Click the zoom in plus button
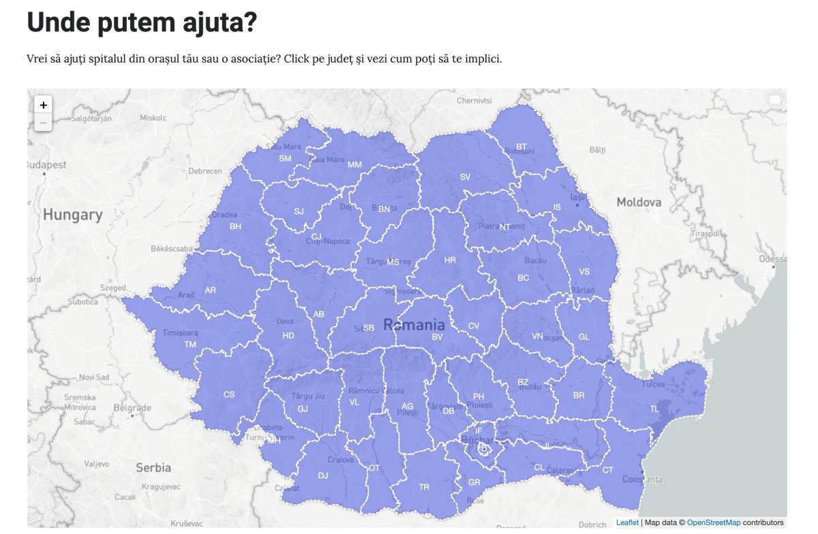pos(43,105)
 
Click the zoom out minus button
pos(43,123)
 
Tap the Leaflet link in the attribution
pos(627,522)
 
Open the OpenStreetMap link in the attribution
pos(713,522)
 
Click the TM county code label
pos(190,344)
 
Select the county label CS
pos(229,394)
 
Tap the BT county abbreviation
pos(521,146)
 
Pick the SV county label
pos(465,177)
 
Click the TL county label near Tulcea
pos(654,409)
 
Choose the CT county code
pos(608,470)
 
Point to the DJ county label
pos(323,475)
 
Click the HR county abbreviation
pos(450,260)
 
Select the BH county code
pos(235,226)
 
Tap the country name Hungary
pos(72,215)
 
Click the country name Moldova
pos(639,202)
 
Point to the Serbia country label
pos(153,468)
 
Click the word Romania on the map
pos(414,325)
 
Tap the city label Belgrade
pos(132,409)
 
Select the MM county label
pos(354,164)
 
